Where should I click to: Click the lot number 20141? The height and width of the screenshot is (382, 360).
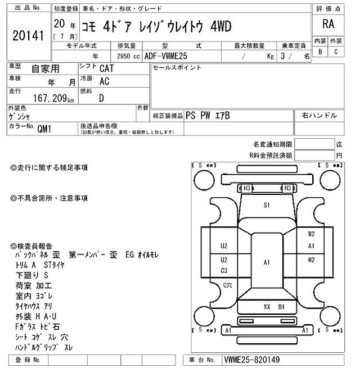(28, 36)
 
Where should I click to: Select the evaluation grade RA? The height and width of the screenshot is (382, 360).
(328, 24)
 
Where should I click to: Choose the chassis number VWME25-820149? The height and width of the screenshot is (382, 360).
(251, 360)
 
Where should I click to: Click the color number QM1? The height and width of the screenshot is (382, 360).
(44, 128)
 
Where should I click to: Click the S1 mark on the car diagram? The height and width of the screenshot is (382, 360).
(267, 206)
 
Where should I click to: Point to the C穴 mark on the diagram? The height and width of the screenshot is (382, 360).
(227, 285)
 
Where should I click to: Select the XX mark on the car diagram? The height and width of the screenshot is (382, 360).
(267, 306)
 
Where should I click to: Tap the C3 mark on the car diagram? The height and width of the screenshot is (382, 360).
(224, 271)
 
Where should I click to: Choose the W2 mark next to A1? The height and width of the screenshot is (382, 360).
(311, 234)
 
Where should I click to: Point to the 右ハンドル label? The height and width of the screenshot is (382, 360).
(319, 115)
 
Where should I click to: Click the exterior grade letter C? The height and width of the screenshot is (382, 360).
(336, 52)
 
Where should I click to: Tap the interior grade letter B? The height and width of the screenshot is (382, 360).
(321, 52)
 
